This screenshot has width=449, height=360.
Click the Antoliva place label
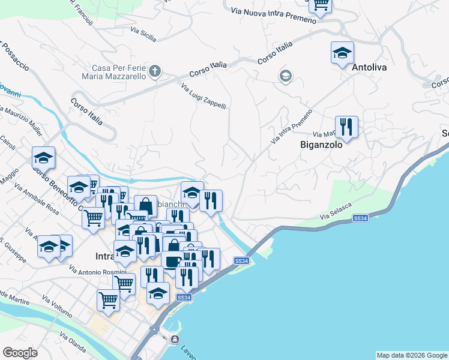tap(369, 68)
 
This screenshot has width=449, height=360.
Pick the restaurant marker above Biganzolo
tap(346, 126)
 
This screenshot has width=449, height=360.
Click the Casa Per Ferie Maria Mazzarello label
tap(118, 72)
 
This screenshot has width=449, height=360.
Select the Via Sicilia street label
tap(143, 35)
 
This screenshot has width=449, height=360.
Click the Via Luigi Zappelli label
tap(203, 96)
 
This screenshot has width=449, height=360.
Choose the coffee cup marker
tap(172, 261)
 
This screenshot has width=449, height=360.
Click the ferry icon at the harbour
tap(175, 340)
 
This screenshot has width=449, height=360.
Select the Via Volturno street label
tap(57, 305)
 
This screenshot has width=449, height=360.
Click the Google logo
tap(20, 353)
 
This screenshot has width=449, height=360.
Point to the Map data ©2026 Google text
tap(412, 355)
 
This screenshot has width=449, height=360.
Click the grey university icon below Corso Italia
tap(285, 76)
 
